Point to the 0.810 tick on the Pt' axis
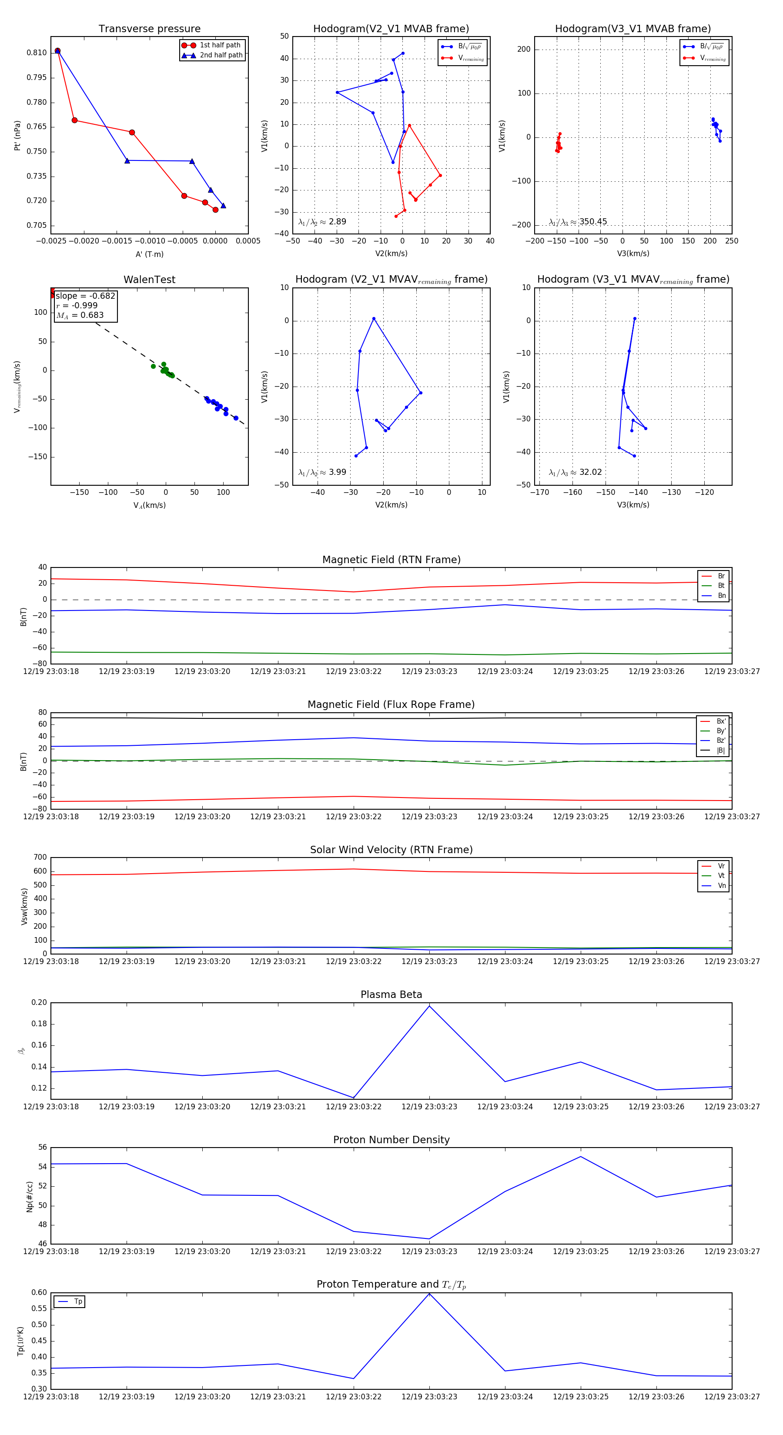37,53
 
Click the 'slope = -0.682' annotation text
85,296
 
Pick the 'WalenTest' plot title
149,280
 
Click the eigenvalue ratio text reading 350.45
592,222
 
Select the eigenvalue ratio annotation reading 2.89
337,222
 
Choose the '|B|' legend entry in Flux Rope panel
720,751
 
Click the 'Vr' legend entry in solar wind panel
721,866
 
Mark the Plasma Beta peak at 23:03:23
429,1005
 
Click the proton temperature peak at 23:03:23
429,1294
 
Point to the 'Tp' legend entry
77,1302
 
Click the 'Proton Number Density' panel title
391,1139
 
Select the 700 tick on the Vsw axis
40,858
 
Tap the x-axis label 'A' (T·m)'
149,254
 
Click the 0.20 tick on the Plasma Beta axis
39,1002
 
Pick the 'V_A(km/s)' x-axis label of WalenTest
149,505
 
